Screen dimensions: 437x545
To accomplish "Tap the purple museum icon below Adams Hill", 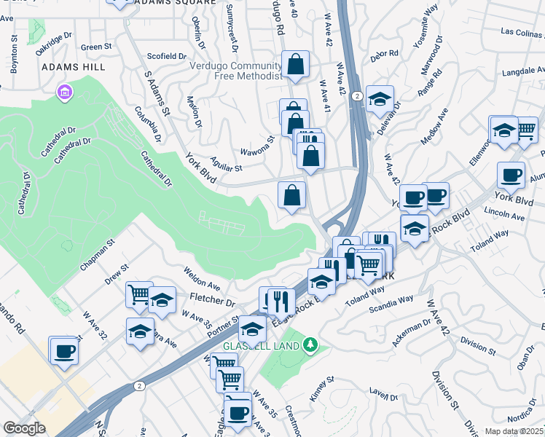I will (x=65, y=93).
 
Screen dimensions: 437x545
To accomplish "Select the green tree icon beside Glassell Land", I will (x=312, y=344).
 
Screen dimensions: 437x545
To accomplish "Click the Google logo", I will (x=24, y=429).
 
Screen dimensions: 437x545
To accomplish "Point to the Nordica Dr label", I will (x=522, y=417).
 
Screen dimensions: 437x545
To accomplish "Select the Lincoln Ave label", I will (x=504, y=217).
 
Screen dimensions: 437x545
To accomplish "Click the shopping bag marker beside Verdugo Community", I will (x=295, y=66).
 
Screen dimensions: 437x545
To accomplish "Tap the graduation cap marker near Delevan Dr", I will (x=379, y=99).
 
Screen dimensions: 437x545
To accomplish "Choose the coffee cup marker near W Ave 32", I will (x=63, y=350).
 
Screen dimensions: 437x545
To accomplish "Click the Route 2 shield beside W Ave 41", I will (x=355, y=95).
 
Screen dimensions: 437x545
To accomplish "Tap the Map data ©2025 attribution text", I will (x=514, y=431).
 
